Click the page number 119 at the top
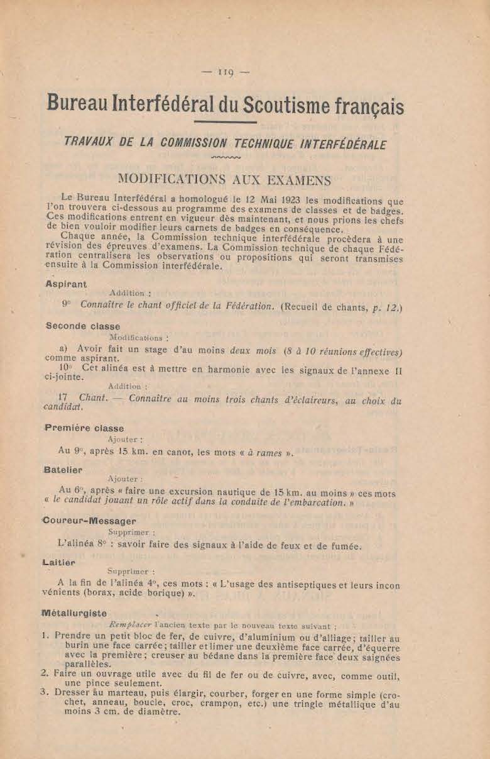coord(226,72)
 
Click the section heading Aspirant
coord(66,284)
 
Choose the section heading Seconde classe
coord(83,326)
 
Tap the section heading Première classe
coord(84,428)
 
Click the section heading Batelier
coord(64,469)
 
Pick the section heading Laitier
coord(60,562)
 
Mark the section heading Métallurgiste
coord(74,613)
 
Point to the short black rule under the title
coord(226,122)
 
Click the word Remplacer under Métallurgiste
coord(131,626)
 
